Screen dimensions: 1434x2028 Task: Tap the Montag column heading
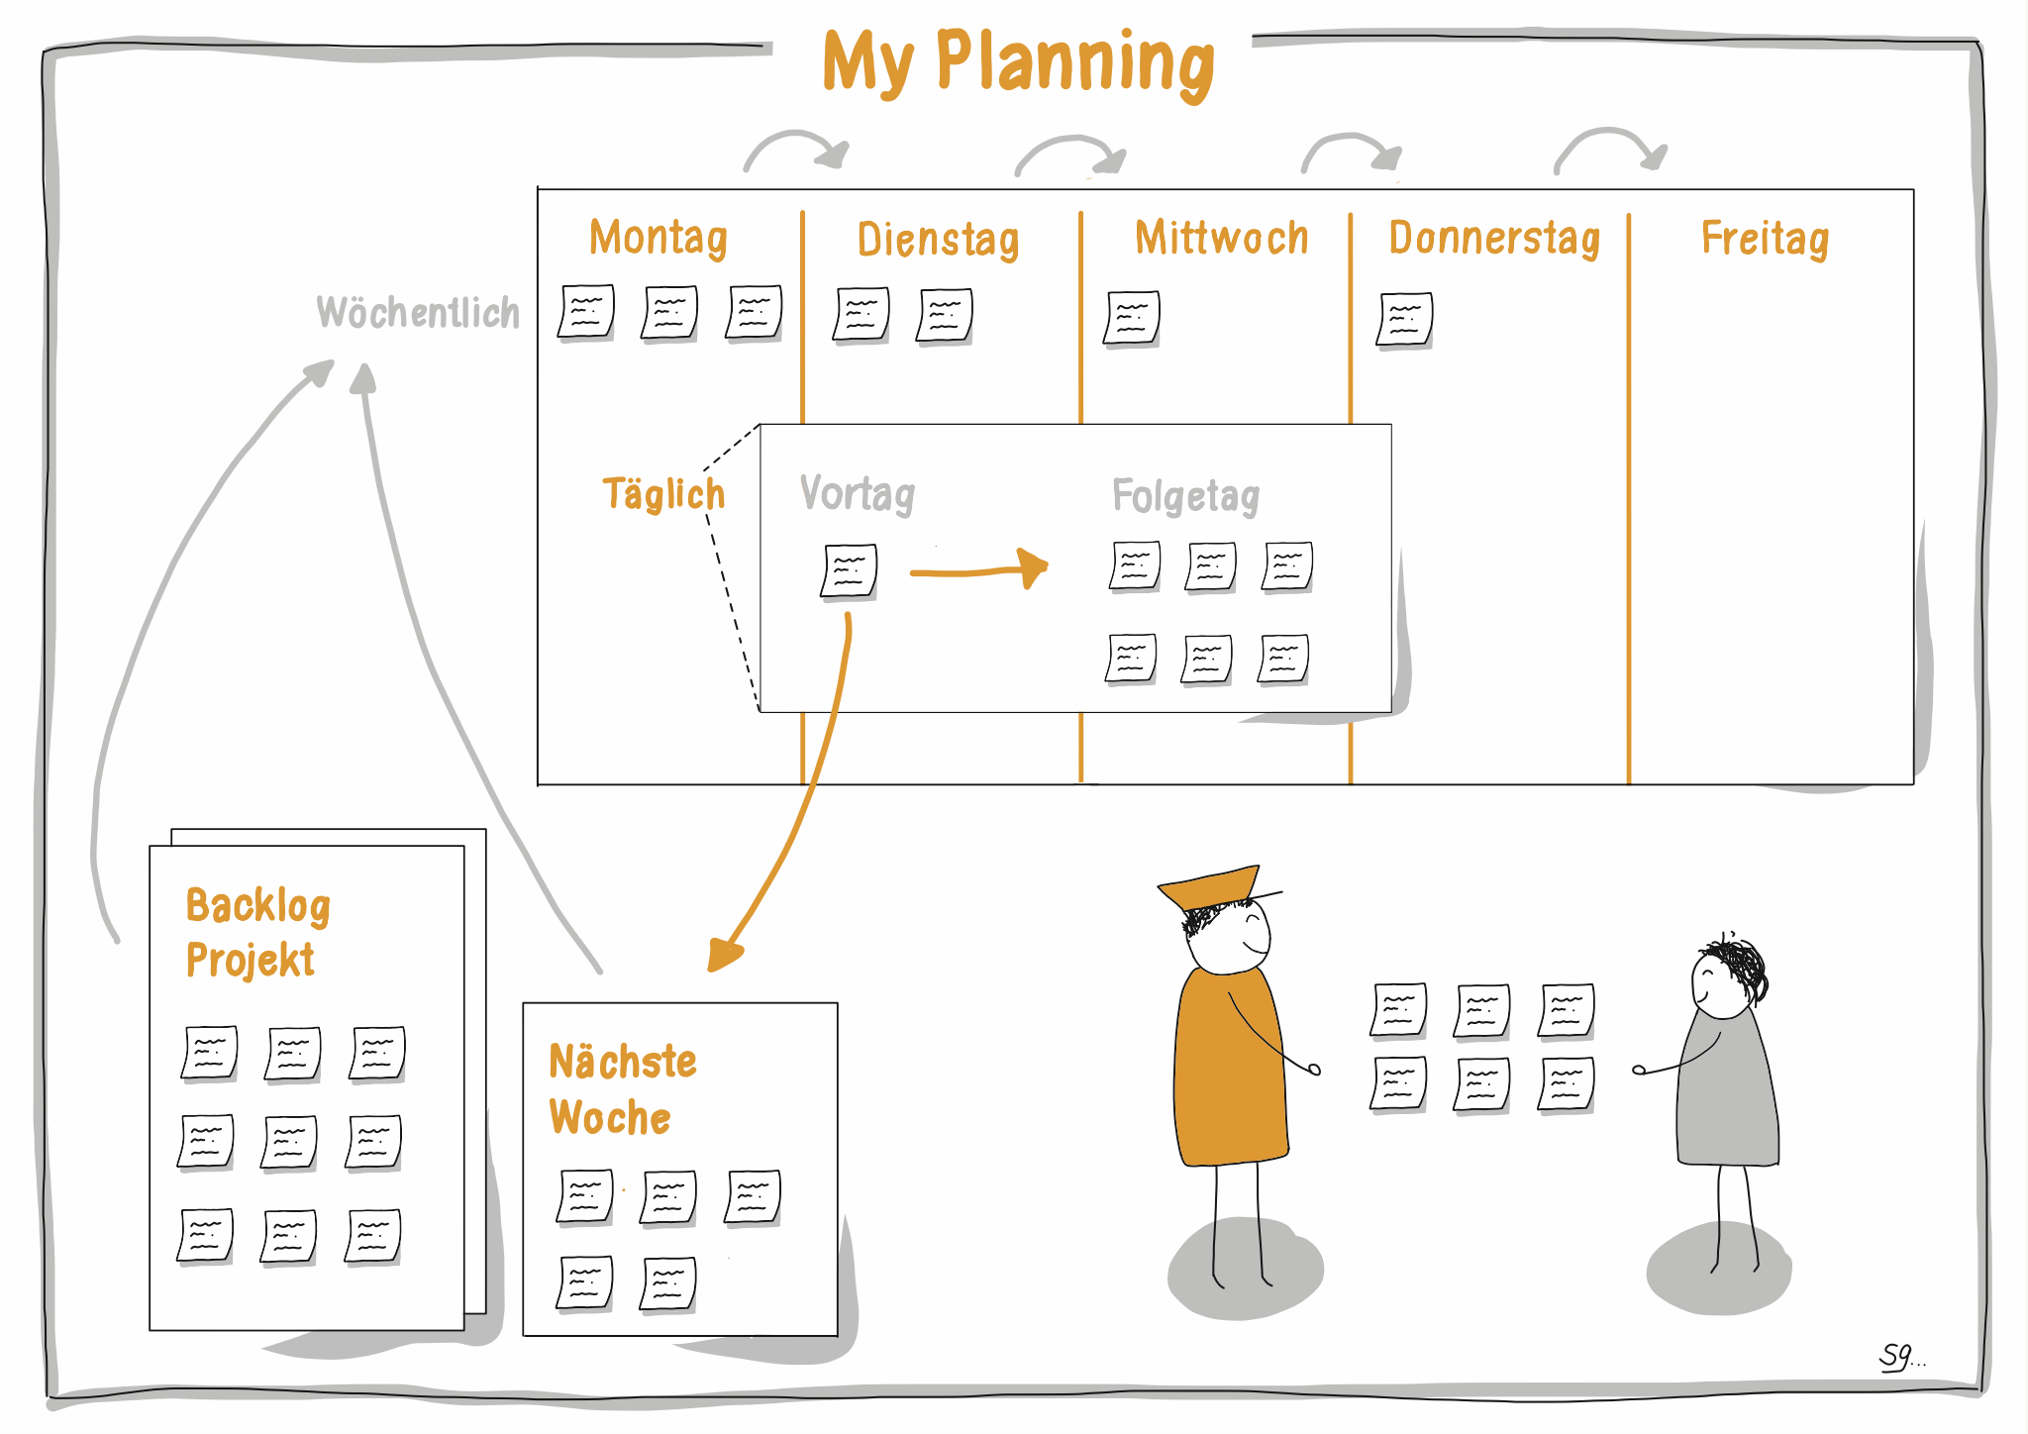coord(659,238)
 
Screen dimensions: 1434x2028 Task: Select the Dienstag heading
coord(938,240)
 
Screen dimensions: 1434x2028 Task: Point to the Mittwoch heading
coord(1221,239)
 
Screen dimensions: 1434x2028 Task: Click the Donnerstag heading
coord(1494,239)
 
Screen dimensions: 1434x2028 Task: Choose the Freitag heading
coord(1765,239)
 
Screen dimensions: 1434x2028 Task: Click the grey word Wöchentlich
coord(418,313)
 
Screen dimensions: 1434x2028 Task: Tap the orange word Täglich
coord(663,493)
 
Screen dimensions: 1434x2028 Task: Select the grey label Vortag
coord(858,493)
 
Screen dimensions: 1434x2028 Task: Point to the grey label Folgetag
coord(1185,495)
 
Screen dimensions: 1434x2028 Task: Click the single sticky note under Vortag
coord(850,571)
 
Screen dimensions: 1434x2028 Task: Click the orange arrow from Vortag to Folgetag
coord(978,570)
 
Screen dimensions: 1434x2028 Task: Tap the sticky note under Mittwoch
coord(1132,318)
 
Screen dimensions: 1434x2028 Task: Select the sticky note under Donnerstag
coord(1404,319)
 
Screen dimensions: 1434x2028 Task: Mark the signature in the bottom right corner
coord(1899,1356)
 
